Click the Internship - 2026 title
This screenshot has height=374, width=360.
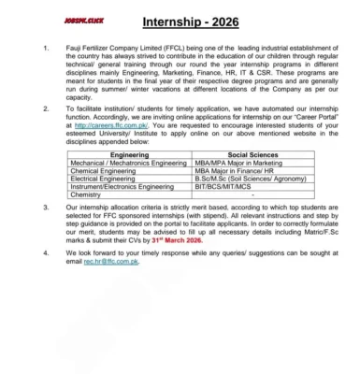click(191, 21)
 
